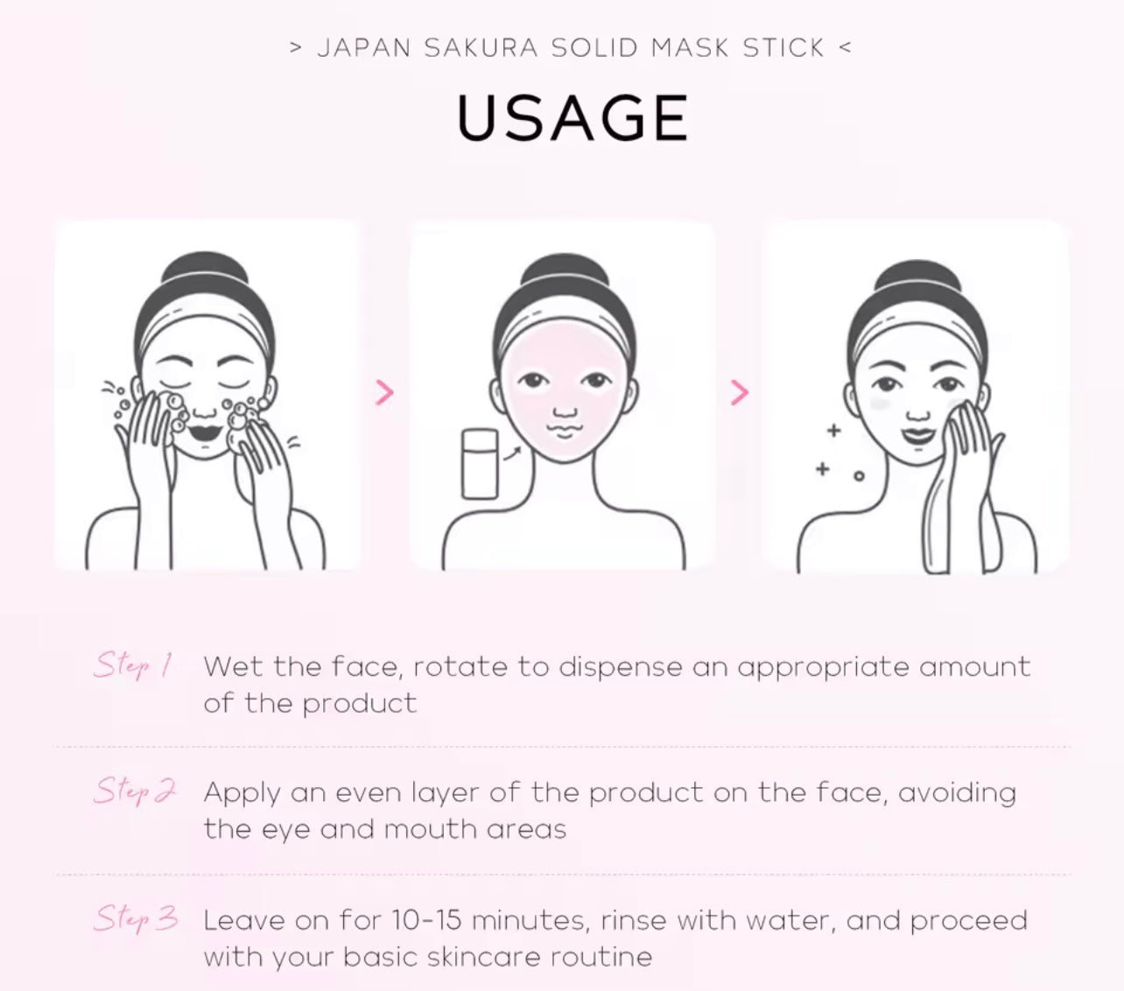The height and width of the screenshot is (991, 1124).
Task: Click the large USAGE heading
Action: click(573, 118)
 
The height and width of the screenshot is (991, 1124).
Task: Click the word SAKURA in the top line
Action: click(481, 47)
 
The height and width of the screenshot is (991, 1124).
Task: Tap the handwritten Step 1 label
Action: click(132, 665)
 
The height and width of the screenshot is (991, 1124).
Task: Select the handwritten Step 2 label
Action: click(134, 791)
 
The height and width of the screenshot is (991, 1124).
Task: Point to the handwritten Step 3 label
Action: click(136, 918)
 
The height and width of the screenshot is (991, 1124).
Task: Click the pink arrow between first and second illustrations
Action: click(383, 393)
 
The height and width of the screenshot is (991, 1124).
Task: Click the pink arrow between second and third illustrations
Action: click(739, 393)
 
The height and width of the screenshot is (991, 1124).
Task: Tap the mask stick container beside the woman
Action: click(480, 463)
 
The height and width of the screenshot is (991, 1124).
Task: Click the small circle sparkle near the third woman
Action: click(859, 476)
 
